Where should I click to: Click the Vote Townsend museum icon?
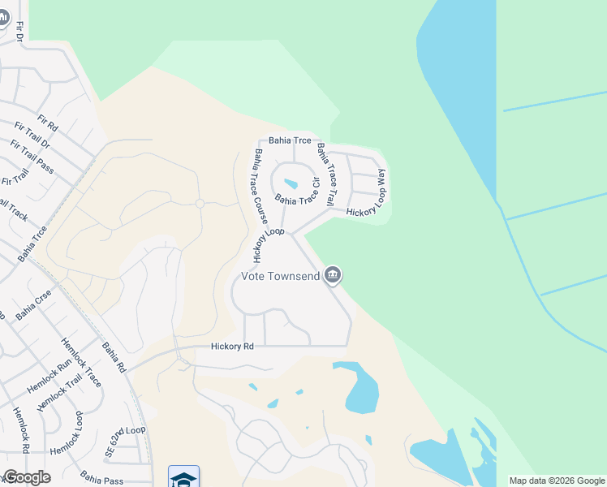332,276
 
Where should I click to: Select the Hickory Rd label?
232,347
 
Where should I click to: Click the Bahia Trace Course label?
260,187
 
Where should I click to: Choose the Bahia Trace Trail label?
325,175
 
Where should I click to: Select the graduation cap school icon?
183,477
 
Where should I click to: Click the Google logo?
26,477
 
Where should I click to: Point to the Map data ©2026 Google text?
557,481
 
